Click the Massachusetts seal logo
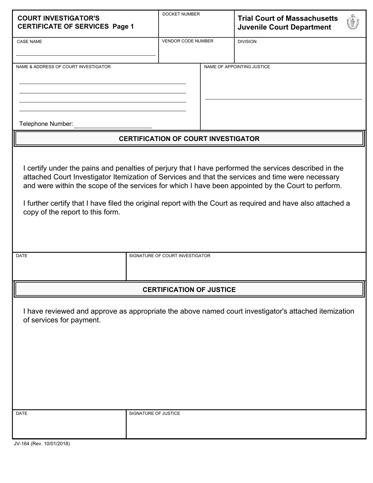click(353, 22)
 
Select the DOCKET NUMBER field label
click(181, 14)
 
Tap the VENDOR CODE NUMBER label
click(188, 41)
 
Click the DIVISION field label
click(247, 41)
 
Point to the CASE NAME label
click(29, 41)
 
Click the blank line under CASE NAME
click(86, 55)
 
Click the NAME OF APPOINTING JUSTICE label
click(237, 67)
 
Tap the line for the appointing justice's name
click(283, 99)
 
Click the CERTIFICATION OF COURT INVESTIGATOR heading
click(189, 139)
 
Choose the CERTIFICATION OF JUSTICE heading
click(189, 290)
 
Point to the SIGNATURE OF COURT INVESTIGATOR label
click(170, 256)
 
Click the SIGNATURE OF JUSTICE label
click(154, 413)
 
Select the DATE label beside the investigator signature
click(22, 256)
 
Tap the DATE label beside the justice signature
click(22, 413)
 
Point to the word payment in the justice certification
click(86, 320)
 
